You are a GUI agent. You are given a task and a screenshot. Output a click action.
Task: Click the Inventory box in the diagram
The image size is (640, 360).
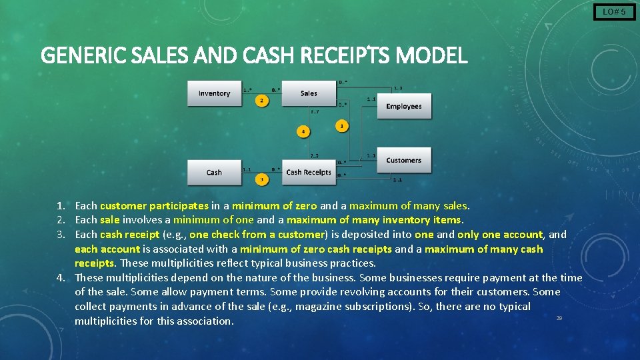coord(214,93)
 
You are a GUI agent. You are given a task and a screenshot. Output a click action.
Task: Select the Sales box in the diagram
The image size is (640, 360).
coord(308,93)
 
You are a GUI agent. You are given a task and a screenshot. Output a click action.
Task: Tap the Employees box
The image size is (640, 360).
coord(404,107)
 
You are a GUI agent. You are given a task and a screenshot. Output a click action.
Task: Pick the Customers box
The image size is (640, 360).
coord(404,160)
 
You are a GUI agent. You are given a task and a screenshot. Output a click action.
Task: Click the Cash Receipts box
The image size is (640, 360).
coord(308,172)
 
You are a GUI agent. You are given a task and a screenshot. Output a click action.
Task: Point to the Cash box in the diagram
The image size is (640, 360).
coord(214,172)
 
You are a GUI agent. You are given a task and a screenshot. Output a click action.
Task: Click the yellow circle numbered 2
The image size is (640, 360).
coord(262,101)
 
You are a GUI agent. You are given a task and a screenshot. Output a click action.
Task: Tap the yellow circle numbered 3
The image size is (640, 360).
coord(262,179)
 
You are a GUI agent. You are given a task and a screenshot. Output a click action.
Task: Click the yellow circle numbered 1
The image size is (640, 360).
coord(342,125)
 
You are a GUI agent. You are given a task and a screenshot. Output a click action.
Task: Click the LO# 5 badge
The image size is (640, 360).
coord(614,11)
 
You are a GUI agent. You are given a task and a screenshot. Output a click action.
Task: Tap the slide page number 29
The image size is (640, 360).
coord(559,318)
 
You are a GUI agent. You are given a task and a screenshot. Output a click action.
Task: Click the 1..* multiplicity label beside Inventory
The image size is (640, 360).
coord(247,90)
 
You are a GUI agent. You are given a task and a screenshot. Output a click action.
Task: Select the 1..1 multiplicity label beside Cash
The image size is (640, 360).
coord(247,169)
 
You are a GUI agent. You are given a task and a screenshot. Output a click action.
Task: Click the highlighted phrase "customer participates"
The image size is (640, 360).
coord(154,206)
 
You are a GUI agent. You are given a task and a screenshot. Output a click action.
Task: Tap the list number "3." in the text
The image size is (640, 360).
coord(61,234)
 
